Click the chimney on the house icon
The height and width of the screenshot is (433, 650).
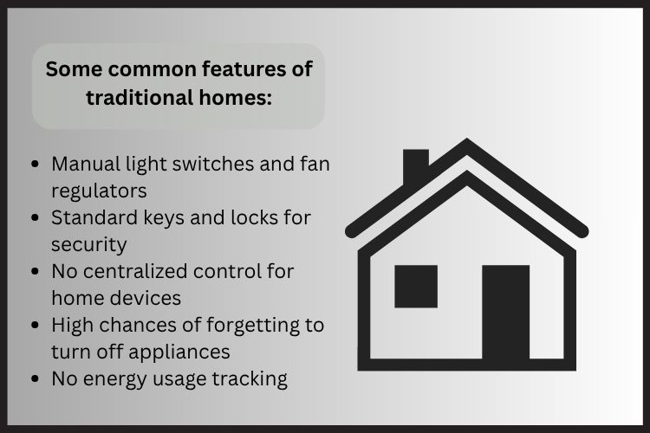pyautogui.click(x=416, y=165)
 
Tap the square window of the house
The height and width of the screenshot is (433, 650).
pyautogui.click(x=416, y=287)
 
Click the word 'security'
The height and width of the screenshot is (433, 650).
pyautogui.click(x=88, y=244)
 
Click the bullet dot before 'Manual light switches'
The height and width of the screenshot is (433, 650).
pyautogui.click(x=36, y=165)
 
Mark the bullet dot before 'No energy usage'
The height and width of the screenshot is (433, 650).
pyautogui.click(x=36, y=379)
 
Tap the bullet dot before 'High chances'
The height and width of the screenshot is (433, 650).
pyautogui.click(x=36, y=326)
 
